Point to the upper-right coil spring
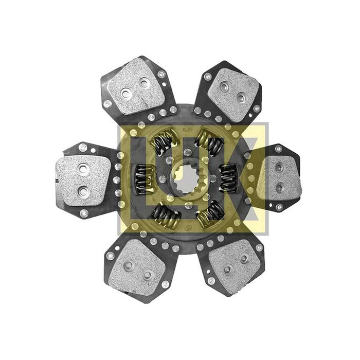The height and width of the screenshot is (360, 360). click(210, 142)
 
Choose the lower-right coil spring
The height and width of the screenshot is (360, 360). click(211, 213)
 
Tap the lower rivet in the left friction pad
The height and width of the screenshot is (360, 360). click(83, 191)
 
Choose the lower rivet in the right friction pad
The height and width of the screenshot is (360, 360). click(279, 187)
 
